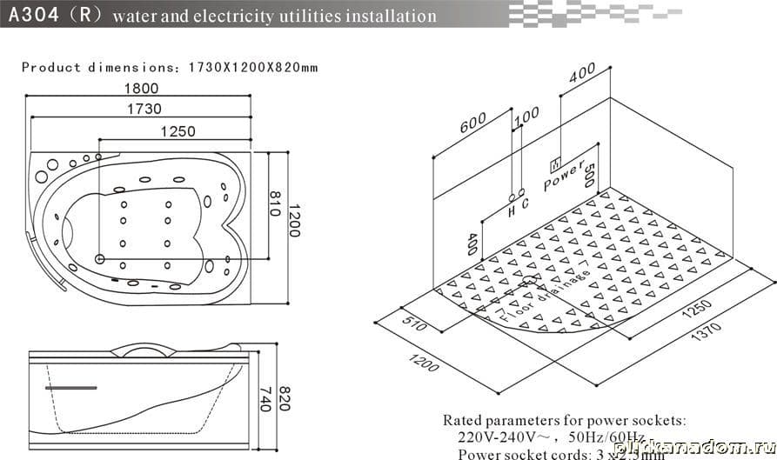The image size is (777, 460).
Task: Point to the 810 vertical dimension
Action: (x=274, y=205)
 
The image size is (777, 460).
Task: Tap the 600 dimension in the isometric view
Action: (x=472, y=124)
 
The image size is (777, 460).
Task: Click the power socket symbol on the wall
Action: (x=553, y=163)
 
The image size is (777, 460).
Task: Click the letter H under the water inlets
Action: (x=512, y=209)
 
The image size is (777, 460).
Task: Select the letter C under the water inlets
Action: (x=525, y=203)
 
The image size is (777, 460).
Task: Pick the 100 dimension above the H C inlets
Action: (x=526, y=116)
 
